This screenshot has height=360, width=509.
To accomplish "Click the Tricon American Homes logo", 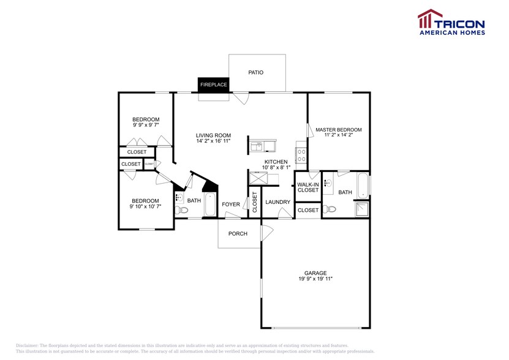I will pyautogui.click(x=451, y=23).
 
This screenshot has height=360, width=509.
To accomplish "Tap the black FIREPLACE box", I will pyautogui.click(x=213, y=84).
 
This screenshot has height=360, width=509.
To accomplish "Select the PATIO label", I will pyautogui.click(x=255, y=72).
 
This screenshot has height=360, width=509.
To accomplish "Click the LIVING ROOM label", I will pyautogui.click(x=213, y=135).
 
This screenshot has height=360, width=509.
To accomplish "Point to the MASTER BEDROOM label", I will pyautogui.click(x=338, y=130).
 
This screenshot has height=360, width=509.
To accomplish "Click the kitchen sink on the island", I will pyautogui.click(x=258, y=146).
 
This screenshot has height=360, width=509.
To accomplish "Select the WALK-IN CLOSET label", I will pyautogui.click(x=307, y=187).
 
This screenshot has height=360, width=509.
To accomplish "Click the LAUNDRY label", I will pyautogui.click(x=277, y=201).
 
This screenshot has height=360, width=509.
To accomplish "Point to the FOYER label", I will pyautogui.click(x=231, y=204).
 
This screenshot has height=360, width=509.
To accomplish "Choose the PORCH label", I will pyautogui.click(x=238, y=234).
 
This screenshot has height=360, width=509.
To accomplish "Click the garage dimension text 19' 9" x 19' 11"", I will pyautogui.click(x=315, y=279).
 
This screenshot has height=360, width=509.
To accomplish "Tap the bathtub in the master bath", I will pyautogui.click(x=363, y=186).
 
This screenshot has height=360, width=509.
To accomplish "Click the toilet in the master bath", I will pyautogui.click(x=330, y=209).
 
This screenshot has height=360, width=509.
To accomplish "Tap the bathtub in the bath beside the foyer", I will pyautogui.click(x=209, y=204).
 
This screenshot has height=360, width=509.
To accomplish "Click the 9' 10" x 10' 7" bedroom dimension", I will pyautogui.click(x=145, y=207).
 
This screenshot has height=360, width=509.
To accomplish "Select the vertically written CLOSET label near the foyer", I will pyautogui.click(x=255, y=202).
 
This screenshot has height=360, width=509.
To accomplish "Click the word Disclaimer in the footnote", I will pyautogui.click(x=27, y=346).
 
